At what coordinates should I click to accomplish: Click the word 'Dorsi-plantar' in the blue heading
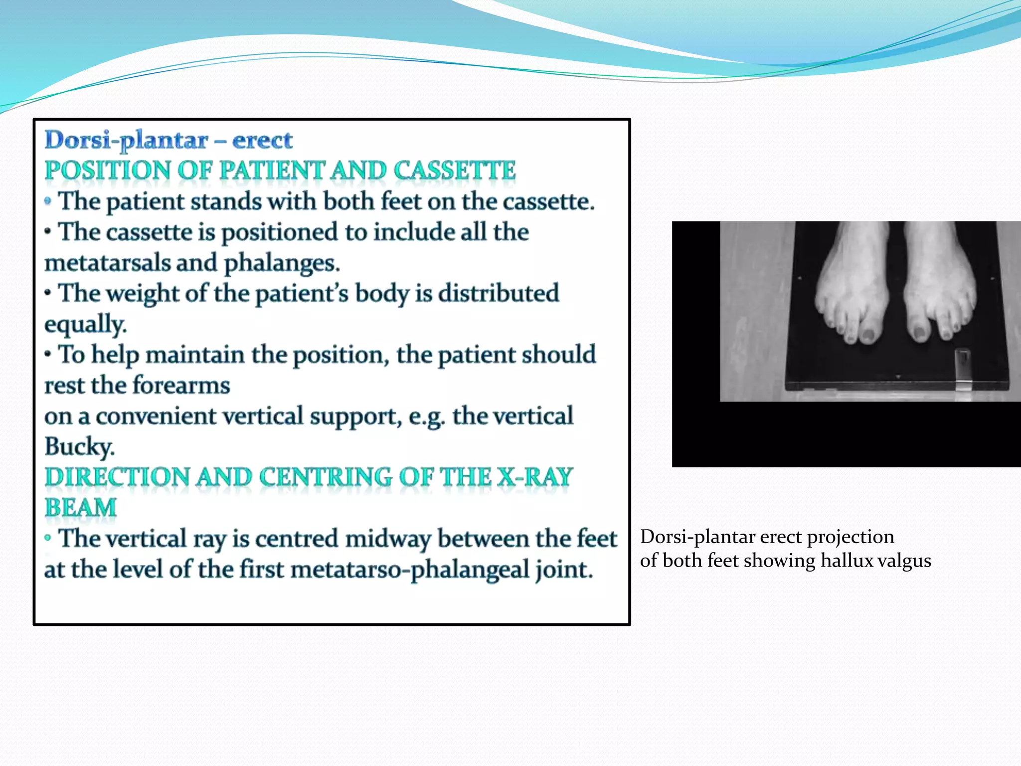pyautogui.click(x=126, y=140)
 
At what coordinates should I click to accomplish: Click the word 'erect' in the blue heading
pyautogui.click(x=262, y=140)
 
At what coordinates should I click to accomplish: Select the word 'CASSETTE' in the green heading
pyautogui.click(x=454, y=171)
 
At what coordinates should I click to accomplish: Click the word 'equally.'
pyautogui.click(x=85, y=325)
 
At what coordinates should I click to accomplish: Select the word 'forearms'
pyautogui.click(x=181, y=385)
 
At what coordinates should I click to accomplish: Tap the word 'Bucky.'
pyautogui.click(x=79, y=447)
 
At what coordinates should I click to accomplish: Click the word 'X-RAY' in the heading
pyautogui.click(x=535, y=477)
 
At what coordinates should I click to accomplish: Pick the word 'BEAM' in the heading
pyautogui.click(x=80, y=508)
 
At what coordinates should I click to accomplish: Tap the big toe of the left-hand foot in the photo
pyautogui.click(x=869, y=334)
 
